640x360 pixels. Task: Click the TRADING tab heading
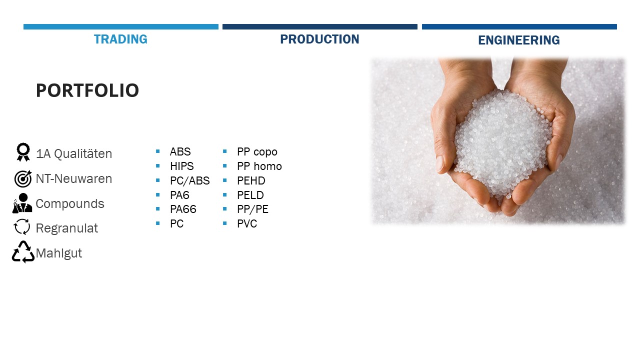point(120,39)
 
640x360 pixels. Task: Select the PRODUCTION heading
point(319,39)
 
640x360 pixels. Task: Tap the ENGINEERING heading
point(519,40)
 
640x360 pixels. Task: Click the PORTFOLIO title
point(87,90)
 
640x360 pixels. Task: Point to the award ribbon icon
point(23,152)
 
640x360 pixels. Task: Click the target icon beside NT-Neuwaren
point(23,179)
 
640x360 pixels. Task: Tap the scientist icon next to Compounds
point(22,203)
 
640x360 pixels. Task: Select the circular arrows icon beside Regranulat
point(21,227)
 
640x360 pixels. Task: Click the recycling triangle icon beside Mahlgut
point(23,252)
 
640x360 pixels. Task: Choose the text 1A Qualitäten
point(74,153)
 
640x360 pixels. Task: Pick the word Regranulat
point(67,228)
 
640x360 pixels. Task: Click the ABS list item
point(180,151)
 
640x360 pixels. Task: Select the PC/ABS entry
point(189,181)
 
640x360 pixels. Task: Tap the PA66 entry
point(183,209)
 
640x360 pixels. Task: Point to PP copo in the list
point(257,152)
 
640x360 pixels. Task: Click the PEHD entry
point(251,181)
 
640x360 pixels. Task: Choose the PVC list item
point(247,223)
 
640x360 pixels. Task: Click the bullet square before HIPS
point(157,165)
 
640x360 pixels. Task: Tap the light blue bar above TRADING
point(121,27)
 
